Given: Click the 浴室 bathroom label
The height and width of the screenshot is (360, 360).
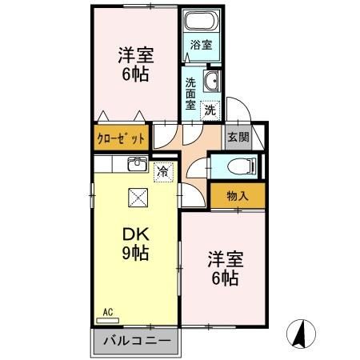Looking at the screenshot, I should [202, 46].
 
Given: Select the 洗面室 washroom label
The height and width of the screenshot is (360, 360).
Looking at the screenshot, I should [191, 92].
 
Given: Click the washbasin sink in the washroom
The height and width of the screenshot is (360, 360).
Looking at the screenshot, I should [212, 81].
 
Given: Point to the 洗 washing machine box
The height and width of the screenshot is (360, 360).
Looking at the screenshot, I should [209, 109].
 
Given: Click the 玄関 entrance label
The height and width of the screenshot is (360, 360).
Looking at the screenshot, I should [238, 137].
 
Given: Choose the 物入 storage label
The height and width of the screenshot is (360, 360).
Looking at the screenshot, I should [238, 195].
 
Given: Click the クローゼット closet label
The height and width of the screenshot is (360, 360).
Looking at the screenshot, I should [122, 138].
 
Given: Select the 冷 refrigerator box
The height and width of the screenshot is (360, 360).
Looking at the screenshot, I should [162, 170].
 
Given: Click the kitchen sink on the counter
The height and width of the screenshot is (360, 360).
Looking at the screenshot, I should [136, 166].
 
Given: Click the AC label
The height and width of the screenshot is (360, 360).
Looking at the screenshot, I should [108, 312].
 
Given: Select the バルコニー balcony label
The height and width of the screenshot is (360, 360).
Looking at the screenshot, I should [137, 342].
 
